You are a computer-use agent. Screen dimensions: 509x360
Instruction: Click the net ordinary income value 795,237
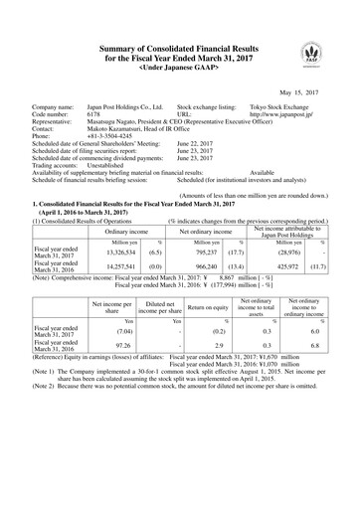tap(204, 252)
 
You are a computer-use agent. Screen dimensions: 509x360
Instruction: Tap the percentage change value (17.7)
tap(236, 252)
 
